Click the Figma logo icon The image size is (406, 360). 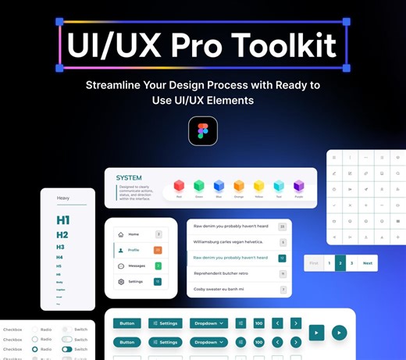tap(203, 131)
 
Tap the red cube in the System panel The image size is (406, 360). tap(179, 186)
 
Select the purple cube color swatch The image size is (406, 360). tap(299, 186)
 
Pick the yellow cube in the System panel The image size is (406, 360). tap(259, 186)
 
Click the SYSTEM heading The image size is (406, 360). tap(129, 178)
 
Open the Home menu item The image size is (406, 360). tap(134, 234)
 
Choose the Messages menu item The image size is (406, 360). tap(137, 266)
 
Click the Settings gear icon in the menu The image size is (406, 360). tap(120, 282)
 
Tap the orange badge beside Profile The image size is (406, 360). tap(158, 250)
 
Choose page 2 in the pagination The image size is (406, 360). tap(340, 263)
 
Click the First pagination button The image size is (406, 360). tap(314, 263)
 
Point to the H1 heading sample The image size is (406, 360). tap(63, 220)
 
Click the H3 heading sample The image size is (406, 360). tap(60, 247)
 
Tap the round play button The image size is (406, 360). tap(339, 332)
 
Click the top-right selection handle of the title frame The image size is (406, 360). tap(346, 23)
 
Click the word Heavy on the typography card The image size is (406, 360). tap(63, 198)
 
